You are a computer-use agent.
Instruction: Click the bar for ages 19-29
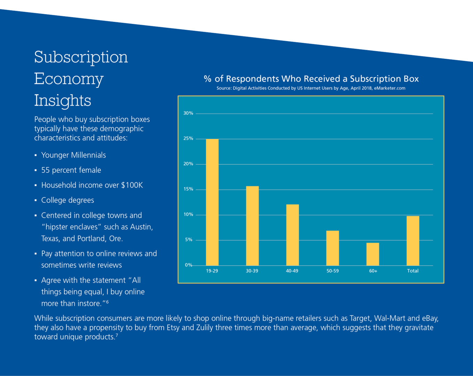[212, 202]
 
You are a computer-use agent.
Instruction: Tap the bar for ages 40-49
[292, 235]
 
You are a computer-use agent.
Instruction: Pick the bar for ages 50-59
[332, 248]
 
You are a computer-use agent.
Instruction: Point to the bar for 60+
[373, 254]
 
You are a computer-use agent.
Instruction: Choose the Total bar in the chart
[413, 241]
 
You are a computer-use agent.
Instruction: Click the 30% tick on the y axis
[188, 113]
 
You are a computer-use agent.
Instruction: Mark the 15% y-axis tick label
[188, 189]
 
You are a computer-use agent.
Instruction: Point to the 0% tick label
[188, 265]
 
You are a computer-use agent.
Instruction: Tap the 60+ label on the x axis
[373, 271]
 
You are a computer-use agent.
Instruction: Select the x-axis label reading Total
[413, 271]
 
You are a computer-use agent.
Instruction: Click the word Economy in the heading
[69, 79]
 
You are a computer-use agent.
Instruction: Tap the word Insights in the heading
[63, 101]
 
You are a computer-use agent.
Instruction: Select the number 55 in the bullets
[45, 170]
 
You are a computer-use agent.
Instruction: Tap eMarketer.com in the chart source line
[389, 88]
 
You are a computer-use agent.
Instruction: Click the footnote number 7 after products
[117, 335]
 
